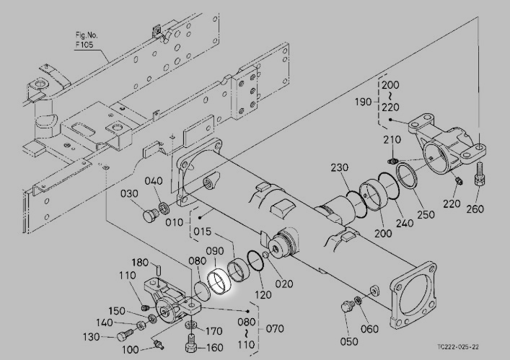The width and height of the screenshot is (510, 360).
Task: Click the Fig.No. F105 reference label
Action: coord(87,40)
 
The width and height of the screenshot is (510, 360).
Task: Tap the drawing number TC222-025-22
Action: coord(458,347)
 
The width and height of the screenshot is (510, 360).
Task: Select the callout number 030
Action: coord(129,193)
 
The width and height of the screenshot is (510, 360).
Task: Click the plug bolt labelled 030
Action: coord(151,216)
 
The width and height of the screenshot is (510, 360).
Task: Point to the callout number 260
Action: coord(475,208)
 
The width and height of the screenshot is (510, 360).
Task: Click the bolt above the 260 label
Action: coord(480,174)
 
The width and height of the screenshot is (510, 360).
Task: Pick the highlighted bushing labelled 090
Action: coord(219,281)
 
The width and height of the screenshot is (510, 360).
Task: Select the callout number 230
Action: coord(340,167)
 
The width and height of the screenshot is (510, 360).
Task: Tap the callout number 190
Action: coord(363,102)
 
